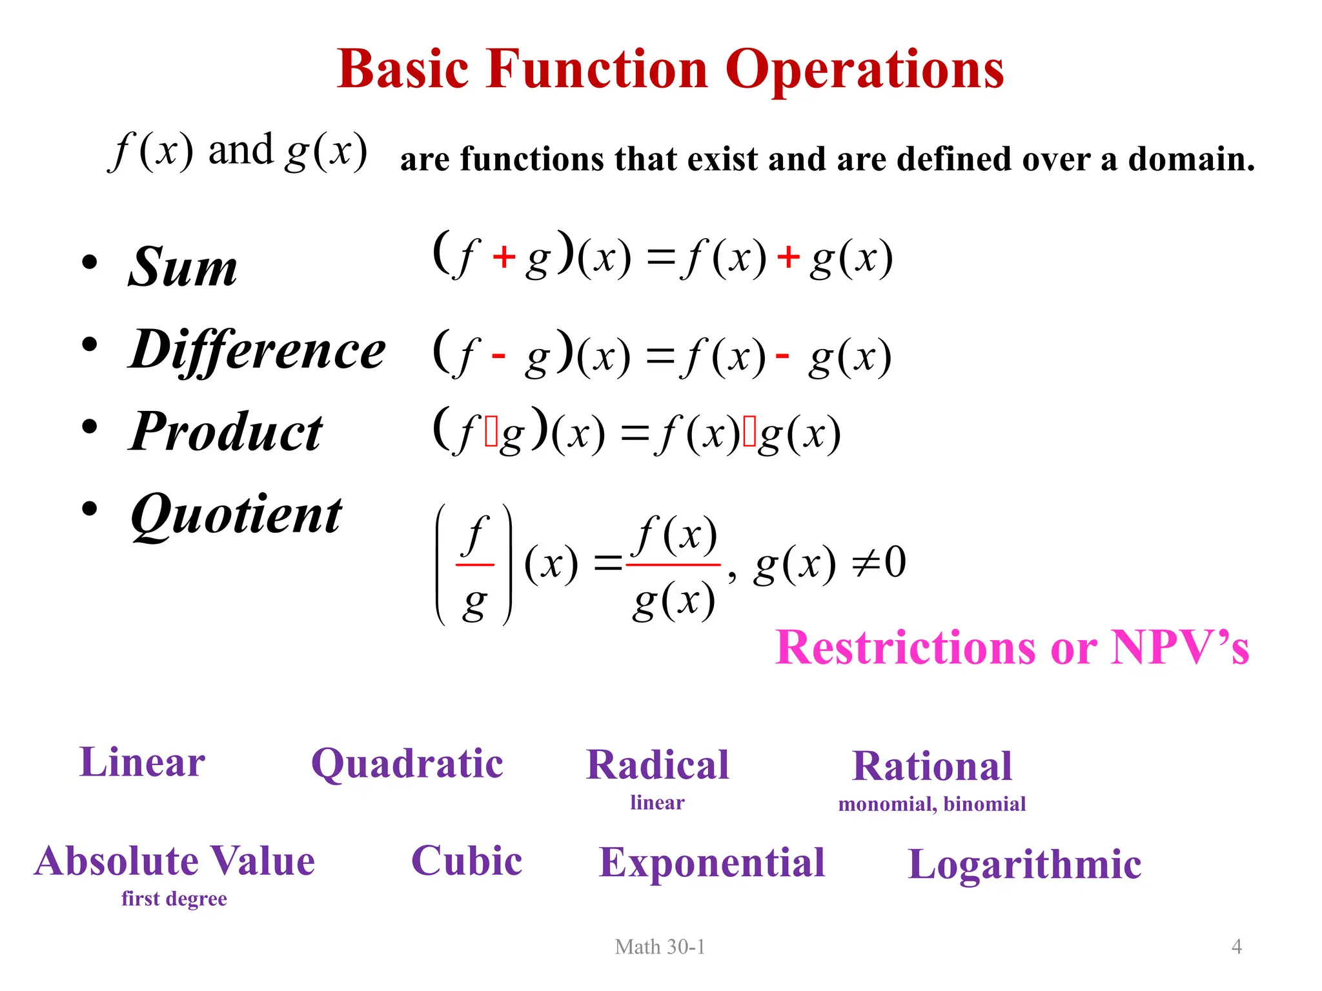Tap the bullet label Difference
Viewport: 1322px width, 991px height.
258,349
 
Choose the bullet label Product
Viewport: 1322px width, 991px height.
226,432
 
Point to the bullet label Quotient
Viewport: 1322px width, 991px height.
236,515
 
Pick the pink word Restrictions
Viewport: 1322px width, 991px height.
908,647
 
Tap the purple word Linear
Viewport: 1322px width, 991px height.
142,762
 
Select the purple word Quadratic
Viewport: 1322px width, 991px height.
407,764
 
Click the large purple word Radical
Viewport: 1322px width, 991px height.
657,765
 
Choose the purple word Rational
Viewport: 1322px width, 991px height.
932,766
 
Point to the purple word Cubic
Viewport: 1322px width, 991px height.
467,861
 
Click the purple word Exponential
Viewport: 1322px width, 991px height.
712,863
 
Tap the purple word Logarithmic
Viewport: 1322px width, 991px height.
1024,864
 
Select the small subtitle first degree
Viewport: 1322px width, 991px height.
174,899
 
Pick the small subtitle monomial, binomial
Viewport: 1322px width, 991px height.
932,804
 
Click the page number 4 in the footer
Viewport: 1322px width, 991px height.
1237,946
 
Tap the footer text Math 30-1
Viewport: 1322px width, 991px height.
660,946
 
